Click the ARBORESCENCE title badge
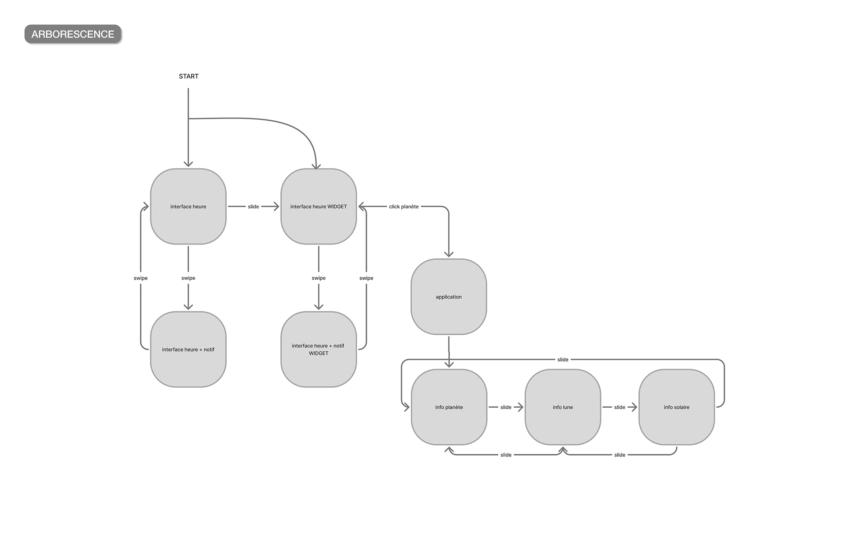click(x=73, y=34)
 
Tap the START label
click(x=189, y=76)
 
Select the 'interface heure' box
click(x=188, y=206)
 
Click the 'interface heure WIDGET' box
click(x=319, y=206)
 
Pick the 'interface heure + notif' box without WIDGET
click(x=188, y=350)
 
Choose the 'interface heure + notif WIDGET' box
click(x=319, y=350)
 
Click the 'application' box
click(x=449, y=297)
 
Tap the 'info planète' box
click(x=449, y=407)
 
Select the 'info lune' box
click(x=563, y=407)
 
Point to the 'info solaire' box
click(x=677, y=407)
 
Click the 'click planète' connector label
click(x=404, y=207)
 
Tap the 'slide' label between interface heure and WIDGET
click(x=253, y=207)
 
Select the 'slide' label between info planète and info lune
click(x=506, y=407)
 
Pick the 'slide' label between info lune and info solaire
click(x=620, y=407)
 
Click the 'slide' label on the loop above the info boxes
click(x=563, y=360)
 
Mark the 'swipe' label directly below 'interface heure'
click(x=188, y=278)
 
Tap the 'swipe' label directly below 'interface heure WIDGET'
click(x=319, y=278)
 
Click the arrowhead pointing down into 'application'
click(x=449, y=254)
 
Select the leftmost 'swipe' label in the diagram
click(x=140, y=278)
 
